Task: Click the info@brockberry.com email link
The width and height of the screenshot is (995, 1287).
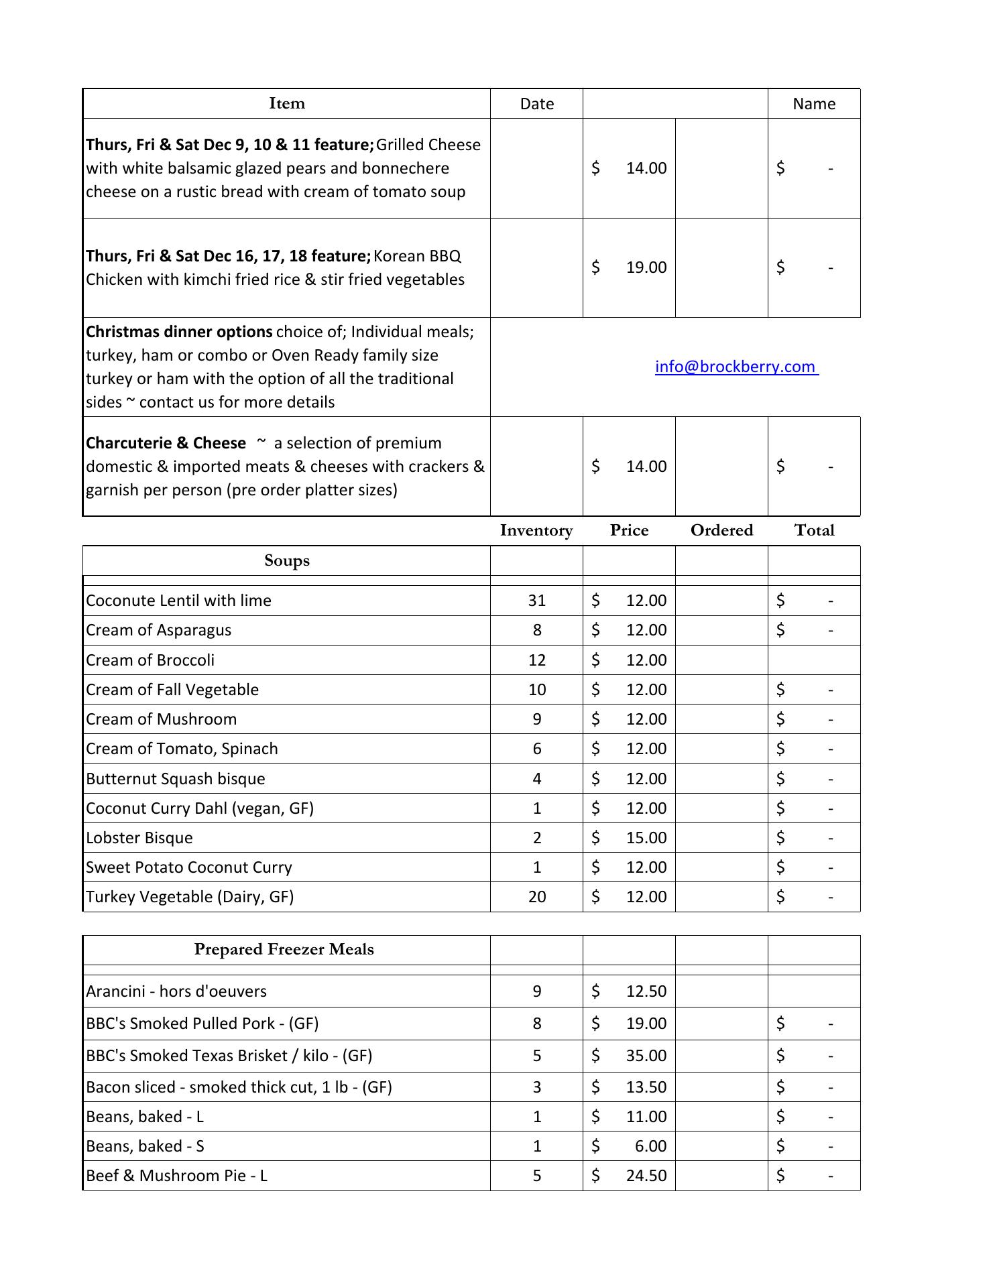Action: click(736, 367)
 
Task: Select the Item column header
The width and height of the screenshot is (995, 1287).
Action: click(287, 103)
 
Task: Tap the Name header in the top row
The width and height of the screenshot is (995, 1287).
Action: click(813, 104)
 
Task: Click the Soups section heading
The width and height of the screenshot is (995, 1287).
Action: click(287, 560)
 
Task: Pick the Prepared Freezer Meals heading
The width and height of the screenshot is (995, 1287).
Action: click(284, 949)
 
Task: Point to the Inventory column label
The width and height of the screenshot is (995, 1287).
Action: click(536, 530)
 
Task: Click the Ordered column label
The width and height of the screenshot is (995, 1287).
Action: click(721, 530)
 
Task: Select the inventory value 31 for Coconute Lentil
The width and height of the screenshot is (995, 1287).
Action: click(536, 601)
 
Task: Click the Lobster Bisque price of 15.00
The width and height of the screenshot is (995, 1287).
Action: click(646, 838)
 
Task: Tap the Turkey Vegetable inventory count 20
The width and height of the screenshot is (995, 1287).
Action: click(536, 897)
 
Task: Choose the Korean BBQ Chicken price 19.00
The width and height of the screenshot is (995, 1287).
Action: click(646, 267)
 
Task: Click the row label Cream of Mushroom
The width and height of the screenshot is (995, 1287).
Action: click(162, 719)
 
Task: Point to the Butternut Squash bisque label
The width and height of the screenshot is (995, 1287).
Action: click(176, 779)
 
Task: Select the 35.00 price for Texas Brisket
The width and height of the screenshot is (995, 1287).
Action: click(646, 1056)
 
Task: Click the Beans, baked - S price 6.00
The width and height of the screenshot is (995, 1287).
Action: click(650, 1146)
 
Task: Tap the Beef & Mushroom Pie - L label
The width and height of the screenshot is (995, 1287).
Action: click(176, 1176)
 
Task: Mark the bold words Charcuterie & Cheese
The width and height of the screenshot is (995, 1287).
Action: click(166, 443)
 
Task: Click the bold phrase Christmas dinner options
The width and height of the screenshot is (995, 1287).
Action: click(179, 332)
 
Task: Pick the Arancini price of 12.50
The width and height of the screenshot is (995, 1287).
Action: click(646, 991)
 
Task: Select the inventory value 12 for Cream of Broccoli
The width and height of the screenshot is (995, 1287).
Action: click(536, 660)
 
